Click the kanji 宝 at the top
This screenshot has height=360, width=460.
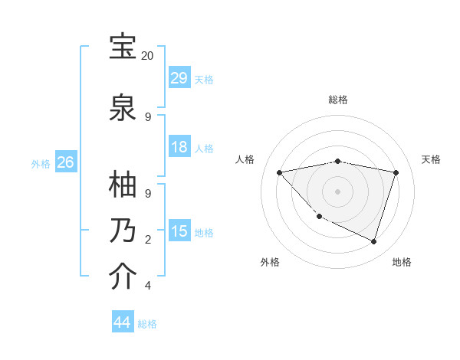pyautogui.click(x=123, y=47)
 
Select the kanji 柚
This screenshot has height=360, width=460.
pyautogui.click(x=123, y=184)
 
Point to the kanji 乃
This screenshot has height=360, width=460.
pyautogui.click(x=123, y=231)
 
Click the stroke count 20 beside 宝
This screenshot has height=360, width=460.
pyautogui.click(x=148, y=56)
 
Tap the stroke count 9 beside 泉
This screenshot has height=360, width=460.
pyautogui.click(x=148, y=116)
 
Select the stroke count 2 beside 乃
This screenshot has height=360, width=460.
pyautogui.click(x=148, y=240)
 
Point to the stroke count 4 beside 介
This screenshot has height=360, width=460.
pyautogui.click(x=148, y=286)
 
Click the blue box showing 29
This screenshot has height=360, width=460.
pyautogui.click(x=179, y=77)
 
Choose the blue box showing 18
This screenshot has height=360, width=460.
pyautogui.click(x=179, y=147)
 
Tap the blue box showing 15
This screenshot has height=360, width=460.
pyautogui.click(x=179, y=231)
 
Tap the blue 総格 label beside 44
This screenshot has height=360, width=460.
pyautogui.click(x=147, y=324)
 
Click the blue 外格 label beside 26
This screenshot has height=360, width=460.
pyautogui.click(x=41, y=164)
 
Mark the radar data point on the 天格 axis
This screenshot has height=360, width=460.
pyautogui.click(x=396, y=172)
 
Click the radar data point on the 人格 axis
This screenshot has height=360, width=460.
pyautogui.click(x=279, y=172)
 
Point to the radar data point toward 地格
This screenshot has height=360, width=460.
pyautogui.click(x=373, y=242)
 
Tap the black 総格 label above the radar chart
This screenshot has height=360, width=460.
pyautogui.click(x=337, y=100)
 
